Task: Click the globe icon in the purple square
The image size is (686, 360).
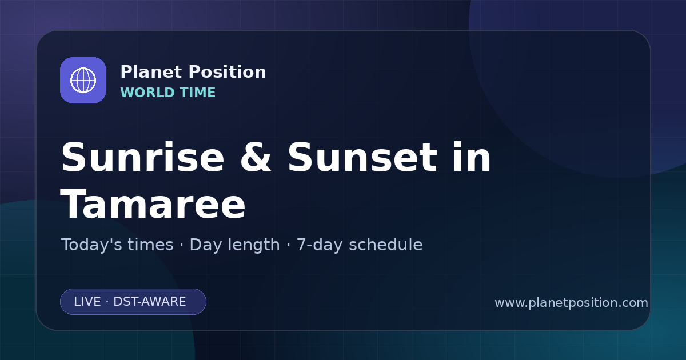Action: point(83,80)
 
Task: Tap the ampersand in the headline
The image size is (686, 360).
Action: point(256,157)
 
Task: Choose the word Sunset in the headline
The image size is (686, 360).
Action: point(362,157)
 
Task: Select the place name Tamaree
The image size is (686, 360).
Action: point(153,204)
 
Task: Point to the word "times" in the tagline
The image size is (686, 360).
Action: point(150,245)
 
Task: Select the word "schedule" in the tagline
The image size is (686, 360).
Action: point(385,245)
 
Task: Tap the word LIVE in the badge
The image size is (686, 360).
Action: point(87,302)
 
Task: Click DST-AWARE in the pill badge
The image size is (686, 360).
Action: point(149,302)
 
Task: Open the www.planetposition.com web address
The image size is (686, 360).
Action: point(571,303)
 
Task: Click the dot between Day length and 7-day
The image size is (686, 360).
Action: point(288,245)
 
